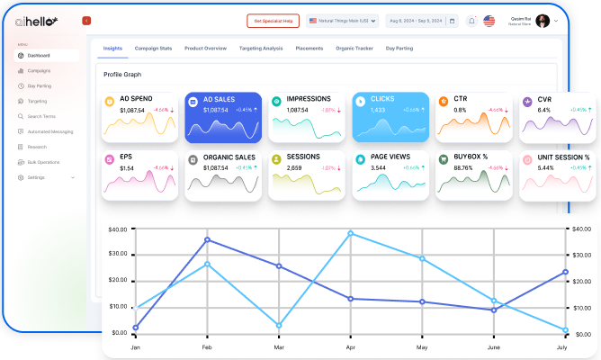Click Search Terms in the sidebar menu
tap(41, 116)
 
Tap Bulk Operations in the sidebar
tap(43, 162)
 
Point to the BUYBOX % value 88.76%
tap(464, 167)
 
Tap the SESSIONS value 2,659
tap(294, 167)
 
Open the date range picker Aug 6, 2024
tap(415, 21)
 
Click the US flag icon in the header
tap(489, 21)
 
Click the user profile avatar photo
tap(543, 21)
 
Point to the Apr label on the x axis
tap(350, 346)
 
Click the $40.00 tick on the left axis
tap(118, 229)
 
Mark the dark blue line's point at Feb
tap(207, 239)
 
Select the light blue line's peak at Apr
tap(350, 233)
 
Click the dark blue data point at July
tap(565, 272)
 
